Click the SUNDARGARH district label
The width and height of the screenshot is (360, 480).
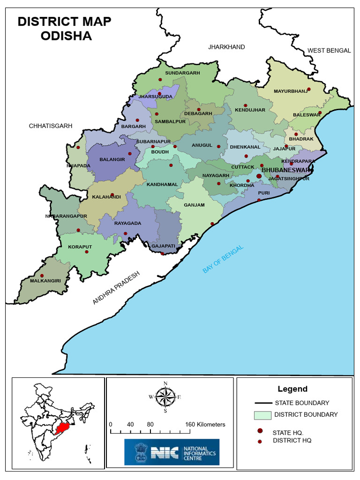[x=182, y=73]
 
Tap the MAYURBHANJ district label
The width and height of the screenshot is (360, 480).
[x=291, y=91]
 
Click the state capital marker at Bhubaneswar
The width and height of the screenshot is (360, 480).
[x=259, y=176]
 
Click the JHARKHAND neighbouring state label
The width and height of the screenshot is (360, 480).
[x=226, y=47]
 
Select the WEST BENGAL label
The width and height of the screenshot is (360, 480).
[x=329, y=51]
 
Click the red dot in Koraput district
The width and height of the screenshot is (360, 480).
[x=86, y=252]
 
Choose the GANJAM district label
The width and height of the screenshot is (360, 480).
[x=194, y=205]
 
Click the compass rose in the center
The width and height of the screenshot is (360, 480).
[x=165, y=397]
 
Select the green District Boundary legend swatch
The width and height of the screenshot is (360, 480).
[x=262, y=415]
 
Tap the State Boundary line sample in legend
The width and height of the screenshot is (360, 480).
[x=263, y=403]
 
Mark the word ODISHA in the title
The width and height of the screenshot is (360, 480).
[x=66, y=36]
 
